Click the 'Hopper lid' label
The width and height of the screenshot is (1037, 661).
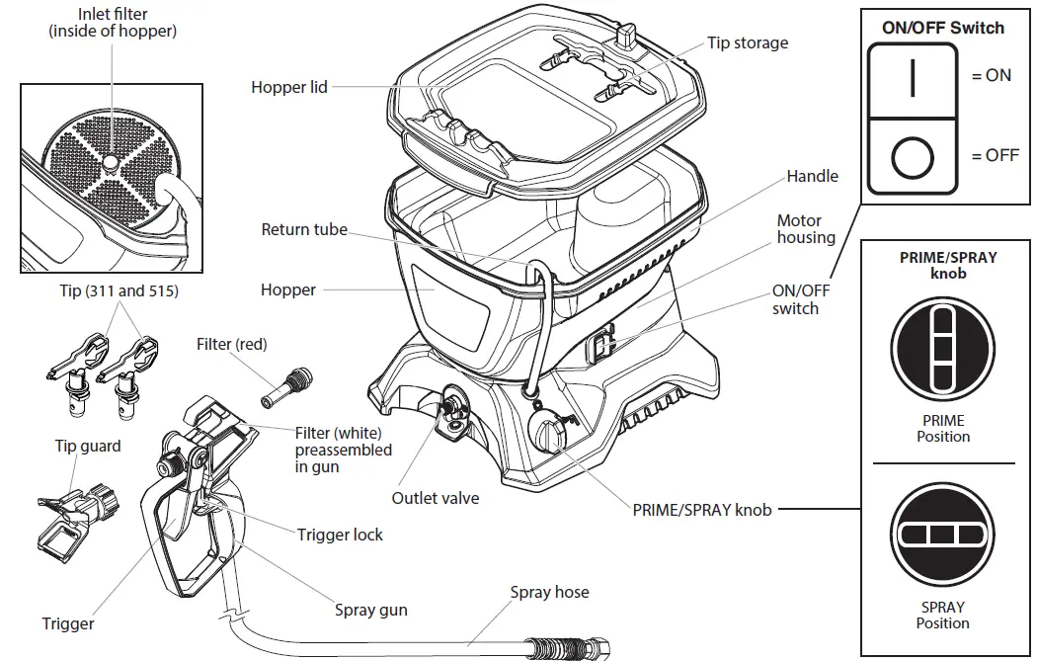288,87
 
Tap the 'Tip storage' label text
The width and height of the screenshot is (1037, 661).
748,42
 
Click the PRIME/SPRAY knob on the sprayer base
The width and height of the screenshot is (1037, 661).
546,433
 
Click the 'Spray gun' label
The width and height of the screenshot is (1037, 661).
370,610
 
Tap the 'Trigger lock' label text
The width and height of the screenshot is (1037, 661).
340,535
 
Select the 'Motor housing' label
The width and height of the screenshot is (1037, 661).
805,229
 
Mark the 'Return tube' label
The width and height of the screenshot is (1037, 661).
304,229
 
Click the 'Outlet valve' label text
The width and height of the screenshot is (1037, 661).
435,498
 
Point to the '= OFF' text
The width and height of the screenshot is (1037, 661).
995,155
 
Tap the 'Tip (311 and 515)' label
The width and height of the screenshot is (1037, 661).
120,292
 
